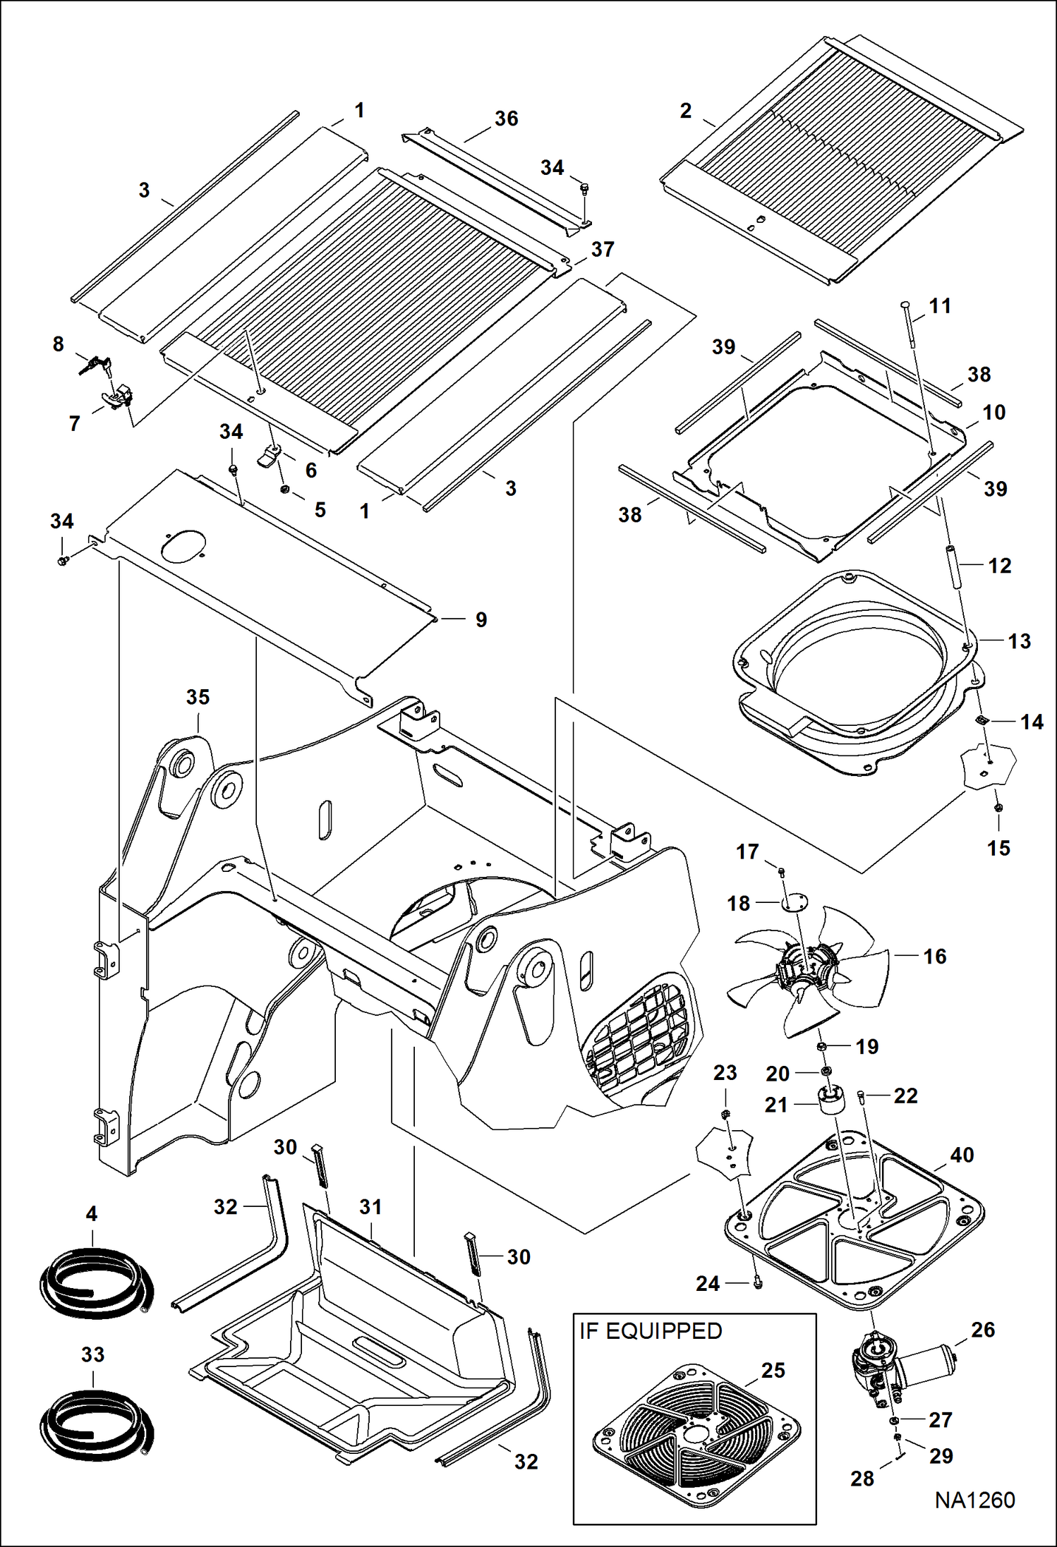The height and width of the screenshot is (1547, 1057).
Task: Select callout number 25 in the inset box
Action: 773,1370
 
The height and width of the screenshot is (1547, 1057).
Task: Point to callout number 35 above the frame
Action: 198,697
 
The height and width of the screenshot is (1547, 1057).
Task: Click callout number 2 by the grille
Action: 686,111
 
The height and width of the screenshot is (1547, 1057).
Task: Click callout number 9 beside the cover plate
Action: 481,619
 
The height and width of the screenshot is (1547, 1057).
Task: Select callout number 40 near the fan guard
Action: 962,1155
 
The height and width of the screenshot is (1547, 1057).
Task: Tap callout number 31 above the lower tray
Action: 370,1206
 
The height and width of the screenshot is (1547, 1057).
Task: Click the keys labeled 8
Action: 94,364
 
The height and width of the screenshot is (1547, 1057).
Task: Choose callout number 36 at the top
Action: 506,119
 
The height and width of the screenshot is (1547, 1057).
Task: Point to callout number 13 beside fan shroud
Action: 1019,641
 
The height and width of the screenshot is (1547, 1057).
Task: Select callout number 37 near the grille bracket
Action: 602,249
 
